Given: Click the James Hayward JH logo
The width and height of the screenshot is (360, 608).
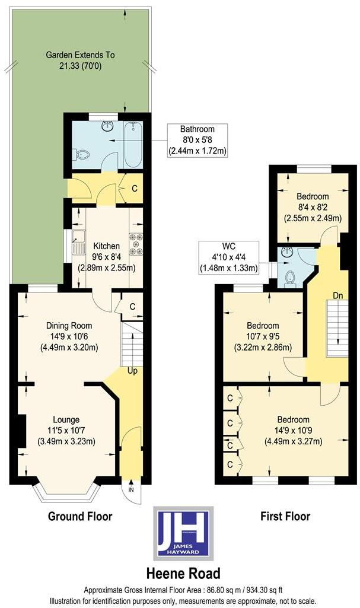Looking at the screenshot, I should (x=183, y=533).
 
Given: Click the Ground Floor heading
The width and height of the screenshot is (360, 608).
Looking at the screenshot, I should (x=80, y=517).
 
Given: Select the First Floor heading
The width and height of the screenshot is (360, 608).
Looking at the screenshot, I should (x=285, y=517).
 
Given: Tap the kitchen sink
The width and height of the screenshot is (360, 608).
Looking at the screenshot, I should (x=77, y=241).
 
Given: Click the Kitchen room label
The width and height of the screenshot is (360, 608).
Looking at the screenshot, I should (x=106, y=246).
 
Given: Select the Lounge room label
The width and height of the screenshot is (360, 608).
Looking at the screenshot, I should (x=65, y=419).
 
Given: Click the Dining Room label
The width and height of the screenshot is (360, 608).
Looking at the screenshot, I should (x=69, y=326).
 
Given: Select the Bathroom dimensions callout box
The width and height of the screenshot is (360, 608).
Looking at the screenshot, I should (x=197, y=139).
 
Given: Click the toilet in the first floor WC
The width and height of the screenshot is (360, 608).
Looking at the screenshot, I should (x=290, y=278).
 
